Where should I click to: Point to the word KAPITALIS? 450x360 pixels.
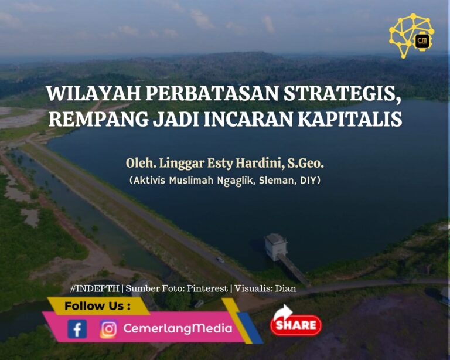(350, 118)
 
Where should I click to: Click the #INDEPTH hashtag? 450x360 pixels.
(95, 288)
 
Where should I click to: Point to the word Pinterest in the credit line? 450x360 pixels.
(207, 288)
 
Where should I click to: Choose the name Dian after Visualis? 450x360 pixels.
(285, 288)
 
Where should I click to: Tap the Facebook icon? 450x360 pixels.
(77, 329)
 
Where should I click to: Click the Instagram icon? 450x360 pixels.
(108, 329)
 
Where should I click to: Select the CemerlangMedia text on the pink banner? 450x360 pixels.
(178, 328)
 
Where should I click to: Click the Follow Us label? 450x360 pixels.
(98, 306)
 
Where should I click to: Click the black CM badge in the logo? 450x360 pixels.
(422, 41)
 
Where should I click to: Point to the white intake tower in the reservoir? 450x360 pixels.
(276, 247)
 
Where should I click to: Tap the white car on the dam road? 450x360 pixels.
(220, 260)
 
